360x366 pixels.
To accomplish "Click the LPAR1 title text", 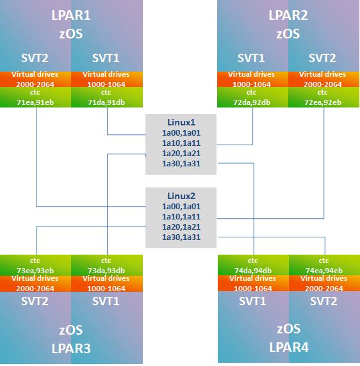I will tap(71, 15).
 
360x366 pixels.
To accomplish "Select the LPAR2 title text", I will tap(288, 15).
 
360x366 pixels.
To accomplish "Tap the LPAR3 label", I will tap(71, 349).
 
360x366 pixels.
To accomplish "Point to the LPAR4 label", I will tap(288, 349).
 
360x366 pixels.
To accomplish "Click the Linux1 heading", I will tap(181, 122).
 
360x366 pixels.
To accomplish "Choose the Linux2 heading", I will tap(181, 196).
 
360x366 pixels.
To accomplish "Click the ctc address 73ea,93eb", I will tap(36, 270).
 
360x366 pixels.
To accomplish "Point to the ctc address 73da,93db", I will tap(106, 270).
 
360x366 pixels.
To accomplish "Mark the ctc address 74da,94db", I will tap(253, 270).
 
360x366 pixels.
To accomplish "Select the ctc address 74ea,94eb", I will tap(323, 270).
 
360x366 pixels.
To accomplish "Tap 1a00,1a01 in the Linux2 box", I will tap(181, 207).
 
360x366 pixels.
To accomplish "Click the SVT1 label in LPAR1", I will tap(106, 58).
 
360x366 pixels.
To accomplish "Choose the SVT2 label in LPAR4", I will tap(323, 301).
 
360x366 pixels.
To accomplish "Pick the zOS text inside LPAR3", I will tap(71, 330).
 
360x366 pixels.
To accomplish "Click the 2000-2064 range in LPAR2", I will tap(323, 83).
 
